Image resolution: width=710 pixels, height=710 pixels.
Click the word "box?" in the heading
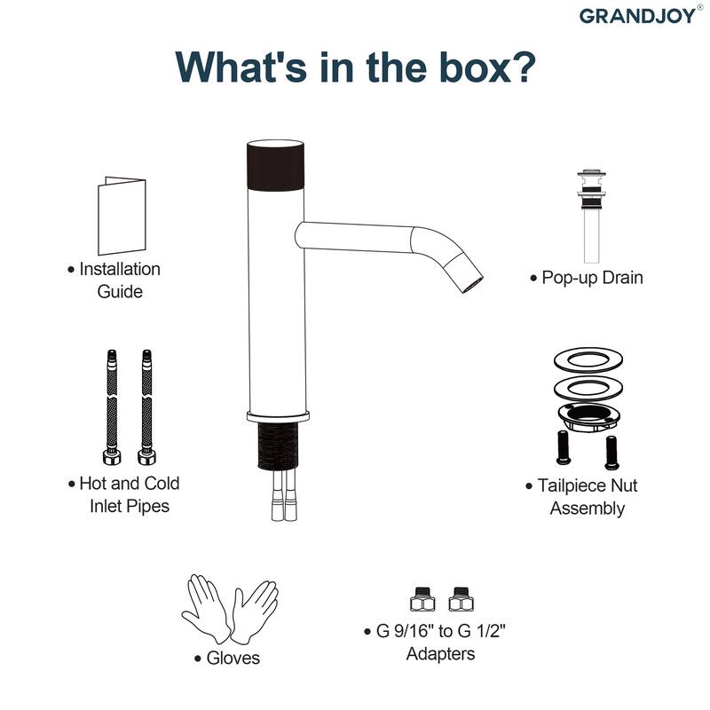click(487, 67)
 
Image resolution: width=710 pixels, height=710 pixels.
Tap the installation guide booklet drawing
click(122, 216)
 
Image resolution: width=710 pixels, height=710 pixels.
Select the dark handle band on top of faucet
click(275, 165)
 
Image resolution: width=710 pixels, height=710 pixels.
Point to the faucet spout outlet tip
click(472, 285)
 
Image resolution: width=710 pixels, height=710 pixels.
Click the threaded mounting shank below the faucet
click(278, 446)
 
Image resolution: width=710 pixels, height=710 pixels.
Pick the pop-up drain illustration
click(591, 217)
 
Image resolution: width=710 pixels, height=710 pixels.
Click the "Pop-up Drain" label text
click(592, 278)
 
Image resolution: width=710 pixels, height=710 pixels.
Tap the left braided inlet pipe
click(112, 407)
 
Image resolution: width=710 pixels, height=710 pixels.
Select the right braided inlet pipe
click(146, 407)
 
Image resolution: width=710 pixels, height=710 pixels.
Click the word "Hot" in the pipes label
click(92, 483)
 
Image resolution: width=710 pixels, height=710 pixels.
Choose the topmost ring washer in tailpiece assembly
click(588, 360)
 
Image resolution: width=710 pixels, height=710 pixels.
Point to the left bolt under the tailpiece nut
click(564, 447)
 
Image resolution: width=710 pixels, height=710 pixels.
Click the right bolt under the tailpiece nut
click(611, 453)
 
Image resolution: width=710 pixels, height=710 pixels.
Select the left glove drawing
click(204, 608)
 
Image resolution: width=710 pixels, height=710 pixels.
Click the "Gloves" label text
click(233, 658)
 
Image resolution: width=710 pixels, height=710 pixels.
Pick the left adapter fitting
click(422, 599)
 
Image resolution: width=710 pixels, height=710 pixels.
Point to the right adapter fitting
click(461, 599)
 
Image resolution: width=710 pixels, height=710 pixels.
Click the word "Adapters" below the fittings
click(440, 653)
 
